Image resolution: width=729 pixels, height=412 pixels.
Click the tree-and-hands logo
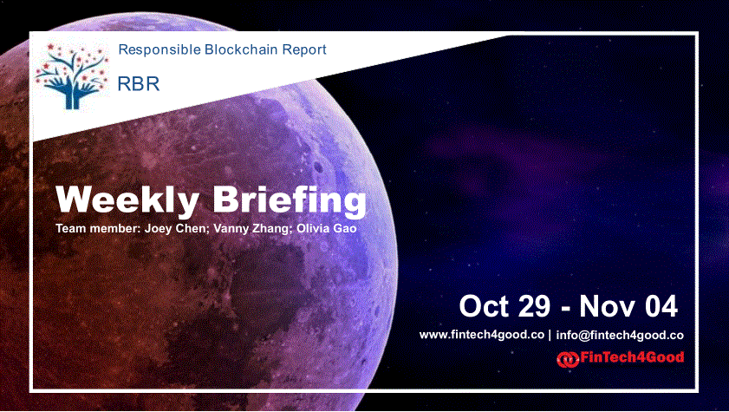coord(72,76)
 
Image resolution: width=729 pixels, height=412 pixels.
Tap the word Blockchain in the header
coord(246,49)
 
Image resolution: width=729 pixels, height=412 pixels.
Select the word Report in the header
coord(309,49)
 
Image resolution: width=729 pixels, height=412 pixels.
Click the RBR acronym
coord(139,84)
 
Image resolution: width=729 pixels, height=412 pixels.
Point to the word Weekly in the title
coord(127,200)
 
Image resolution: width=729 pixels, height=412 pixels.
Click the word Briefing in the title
coord(290,200)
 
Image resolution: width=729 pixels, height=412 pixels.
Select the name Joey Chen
coord(176,229)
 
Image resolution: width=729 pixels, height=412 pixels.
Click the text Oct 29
coord(504,306)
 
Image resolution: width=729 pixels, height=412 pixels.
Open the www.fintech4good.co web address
coord(482,335)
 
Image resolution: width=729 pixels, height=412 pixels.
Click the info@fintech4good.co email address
coord(620,336)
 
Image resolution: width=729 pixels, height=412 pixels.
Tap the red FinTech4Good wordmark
coord(632,357)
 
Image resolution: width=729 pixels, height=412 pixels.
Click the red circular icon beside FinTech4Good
coord(568,359)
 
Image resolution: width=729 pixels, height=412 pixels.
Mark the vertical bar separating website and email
coord(550,336)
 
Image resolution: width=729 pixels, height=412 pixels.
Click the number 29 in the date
coord(534,306)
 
